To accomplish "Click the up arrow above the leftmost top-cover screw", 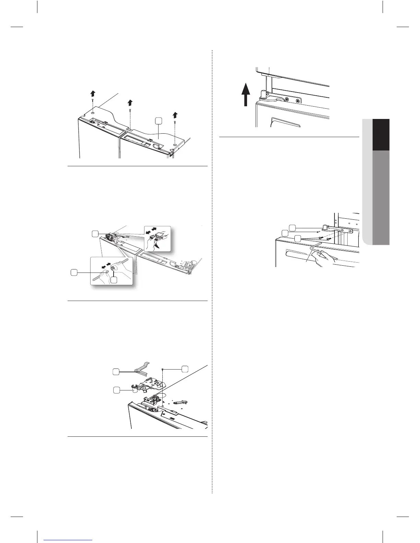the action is [x=92, y=94].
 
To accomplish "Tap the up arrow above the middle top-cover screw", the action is [x=130, y=102].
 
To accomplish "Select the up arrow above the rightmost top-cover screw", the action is [x=175, y=114].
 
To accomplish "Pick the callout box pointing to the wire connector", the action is [x=95, y=233].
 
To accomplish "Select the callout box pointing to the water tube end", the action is [x=74, y=272].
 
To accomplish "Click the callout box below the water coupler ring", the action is [x=114, y=280].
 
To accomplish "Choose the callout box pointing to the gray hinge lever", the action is [x=117, y=372].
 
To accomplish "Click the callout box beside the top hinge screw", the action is [x=185, y=369].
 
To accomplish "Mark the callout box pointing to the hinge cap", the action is [x=117, y=389].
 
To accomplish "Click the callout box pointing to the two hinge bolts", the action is [x=298, y=238].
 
